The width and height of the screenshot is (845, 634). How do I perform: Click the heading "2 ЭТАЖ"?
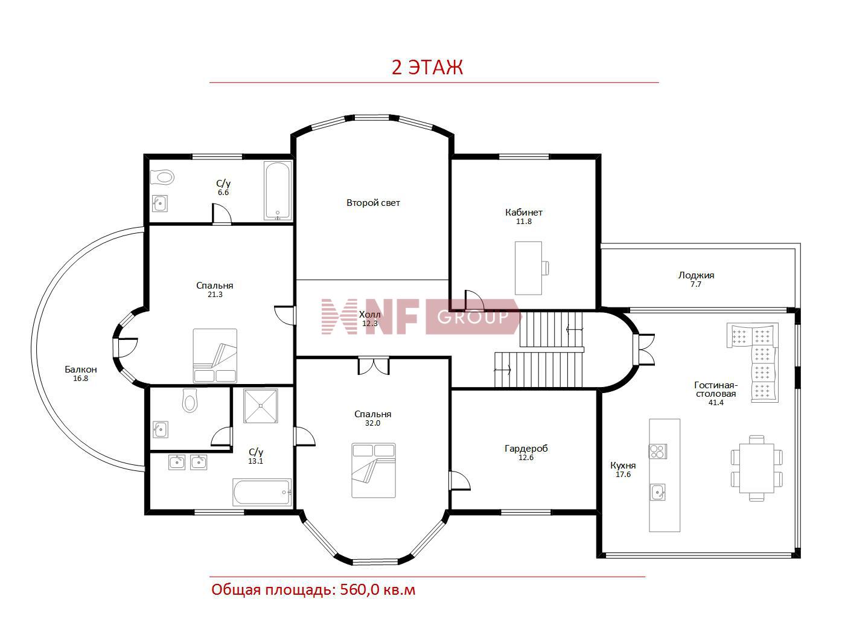coord(427,68)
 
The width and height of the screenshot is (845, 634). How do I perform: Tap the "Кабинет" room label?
coord(523,212)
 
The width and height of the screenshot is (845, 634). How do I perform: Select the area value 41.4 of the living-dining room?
coord(716,403)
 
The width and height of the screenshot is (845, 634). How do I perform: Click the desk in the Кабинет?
coord(529,268)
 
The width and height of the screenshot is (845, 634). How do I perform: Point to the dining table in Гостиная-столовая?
coord(756,468)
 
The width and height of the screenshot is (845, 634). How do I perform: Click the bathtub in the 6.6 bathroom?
coord(277,191)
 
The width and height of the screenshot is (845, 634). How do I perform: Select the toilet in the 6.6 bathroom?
coord(162,178)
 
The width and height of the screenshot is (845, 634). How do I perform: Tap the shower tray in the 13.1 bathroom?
coord(260,406)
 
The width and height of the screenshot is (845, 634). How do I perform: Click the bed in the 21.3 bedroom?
coord(215,356)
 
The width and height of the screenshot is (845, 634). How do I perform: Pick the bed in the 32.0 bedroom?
coord(374,470)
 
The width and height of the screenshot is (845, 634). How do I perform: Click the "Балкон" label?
coord(80,370)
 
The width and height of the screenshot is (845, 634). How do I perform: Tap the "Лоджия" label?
coord(696,275)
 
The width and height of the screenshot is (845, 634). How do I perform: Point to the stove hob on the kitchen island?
coord(657,451)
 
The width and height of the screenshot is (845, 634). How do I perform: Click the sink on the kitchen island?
coord(657,492)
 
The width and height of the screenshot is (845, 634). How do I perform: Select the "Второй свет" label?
coord(373,203)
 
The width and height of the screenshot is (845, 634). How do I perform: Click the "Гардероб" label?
coord(526,449)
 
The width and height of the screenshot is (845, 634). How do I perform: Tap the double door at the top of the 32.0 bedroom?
coord(374,366)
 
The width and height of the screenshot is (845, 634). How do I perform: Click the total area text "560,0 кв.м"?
coord(378,590)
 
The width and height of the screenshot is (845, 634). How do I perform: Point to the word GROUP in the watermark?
coord(473,317)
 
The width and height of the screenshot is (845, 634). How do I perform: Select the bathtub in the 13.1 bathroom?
coord(262,492)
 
